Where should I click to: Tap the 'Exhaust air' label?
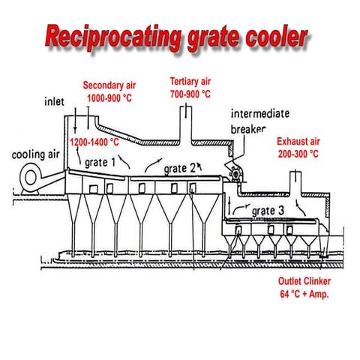pos(298,141)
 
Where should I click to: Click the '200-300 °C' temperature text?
pos(298,153)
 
